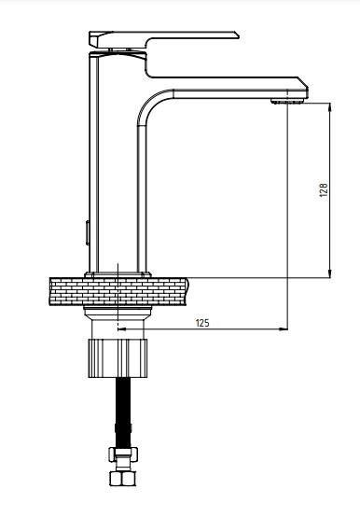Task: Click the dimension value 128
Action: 325,190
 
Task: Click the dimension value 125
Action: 202,323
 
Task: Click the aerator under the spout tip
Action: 287,101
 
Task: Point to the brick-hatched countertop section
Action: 118,291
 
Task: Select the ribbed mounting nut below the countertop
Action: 118,358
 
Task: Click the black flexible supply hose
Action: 123,412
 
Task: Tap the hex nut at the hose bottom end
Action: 122,479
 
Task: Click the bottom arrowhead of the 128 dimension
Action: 330,273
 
